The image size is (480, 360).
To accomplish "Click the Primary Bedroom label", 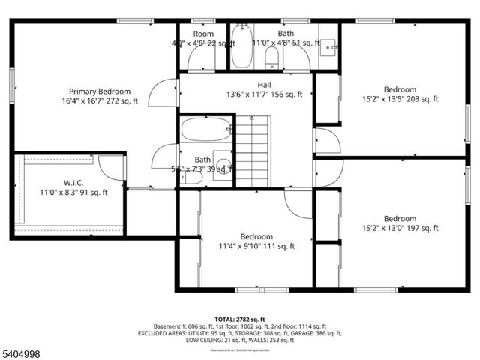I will [100, 91].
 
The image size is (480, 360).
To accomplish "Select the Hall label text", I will [265, 85].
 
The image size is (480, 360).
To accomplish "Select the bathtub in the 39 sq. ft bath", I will [205, 130].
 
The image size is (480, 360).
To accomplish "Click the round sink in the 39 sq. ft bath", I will [222, 164].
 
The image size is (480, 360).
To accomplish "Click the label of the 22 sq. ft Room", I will [203, 34].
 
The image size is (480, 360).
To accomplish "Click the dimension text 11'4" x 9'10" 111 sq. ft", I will [256, 245].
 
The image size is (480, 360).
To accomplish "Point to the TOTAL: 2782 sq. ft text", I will [240, 318].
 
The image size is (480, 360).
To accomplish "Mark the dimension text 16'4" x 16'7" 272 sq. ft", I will [100, 100].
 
